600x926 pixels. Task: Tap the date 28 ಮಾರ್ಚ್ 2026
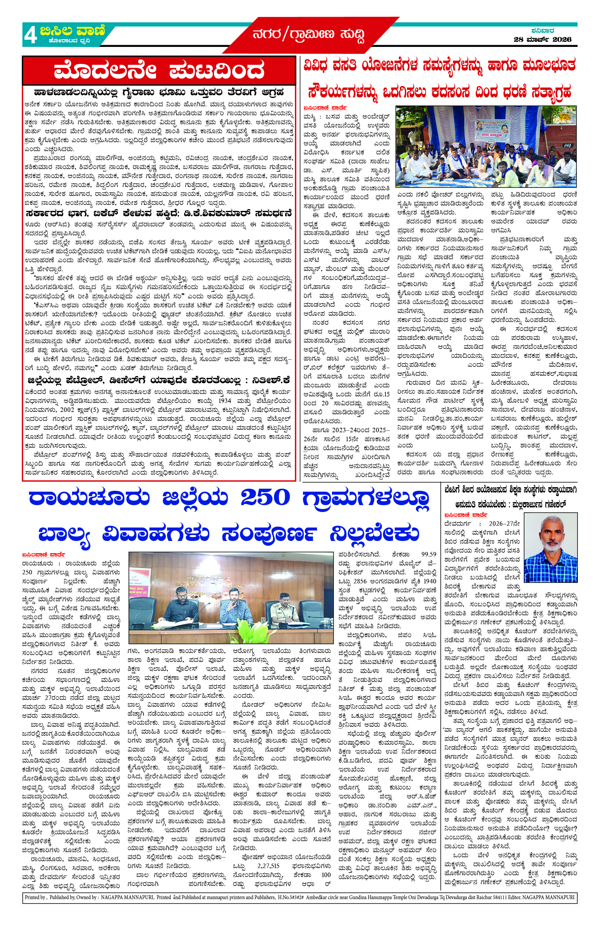(542, 39)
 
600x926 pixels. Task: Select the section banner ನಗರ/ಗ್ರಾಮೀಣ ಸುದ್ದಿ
(309, 36)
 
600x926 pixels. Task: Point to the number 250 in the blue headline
(265, 498)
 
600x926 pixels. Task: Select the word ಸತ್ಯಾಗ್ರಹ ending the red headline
(546, 93)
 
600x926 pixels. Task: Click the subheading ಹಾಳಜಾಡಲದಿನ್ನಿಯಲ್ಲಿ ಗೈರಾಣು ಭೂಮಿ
(159, 92)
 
